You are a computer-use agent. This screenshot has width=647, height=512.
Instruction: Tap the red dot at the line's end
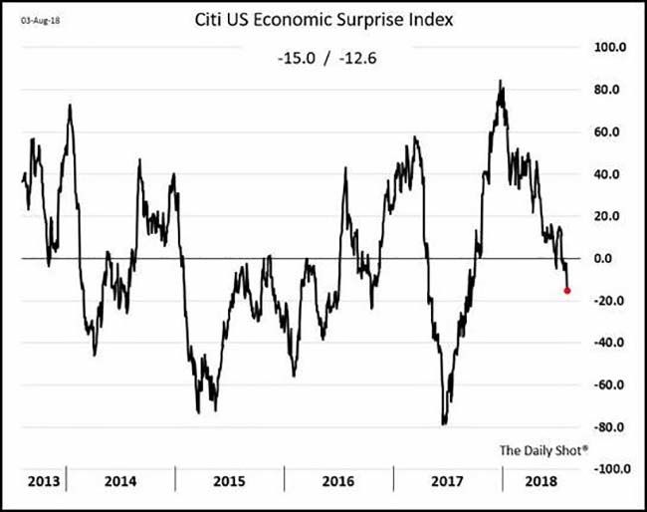tap(566, 290)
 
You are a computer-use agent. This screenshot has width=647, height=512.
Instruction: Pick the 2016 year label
tap(338, 481)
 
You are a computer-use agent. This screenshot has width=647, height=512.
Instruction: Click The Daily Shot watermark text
tap(543, 450)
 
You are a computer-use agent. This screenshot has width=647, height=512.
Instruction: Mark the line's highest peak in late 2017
tap(500, 82)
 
